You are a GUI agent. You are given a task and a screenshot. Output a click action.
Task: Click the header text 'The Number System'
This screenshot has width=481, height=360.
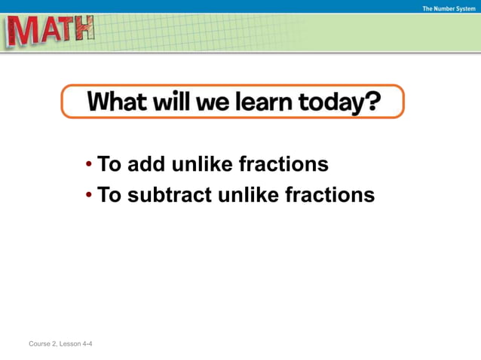pos(449,9)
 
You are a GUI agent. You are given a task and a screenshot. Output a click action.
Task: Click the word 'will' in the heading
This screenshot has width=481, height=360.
pos(169,101)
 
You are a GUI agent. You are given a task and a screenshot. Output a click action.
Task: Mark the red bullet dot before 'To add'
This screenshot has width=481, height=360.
pos(89,164)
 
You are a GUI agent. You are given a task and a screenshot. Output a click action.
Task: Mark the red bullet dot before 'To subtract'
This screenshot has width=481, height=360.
pos(89,196)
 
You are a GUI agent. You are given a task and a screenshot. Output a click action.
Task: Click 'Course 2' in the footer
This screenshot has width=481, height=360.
pos(42,344)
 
